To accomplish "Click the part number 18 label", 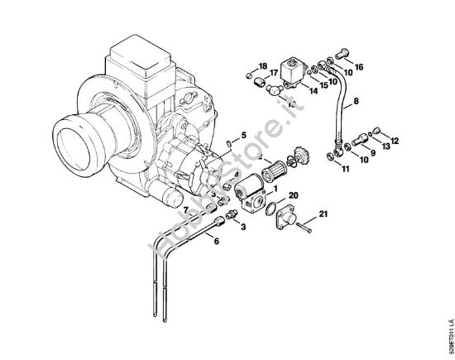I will point(262,65).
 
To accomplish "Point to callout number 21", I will point(323,216).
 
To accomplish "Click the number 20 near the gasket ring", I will point(295,195).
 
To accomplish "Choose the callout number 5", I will point(242,134).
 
